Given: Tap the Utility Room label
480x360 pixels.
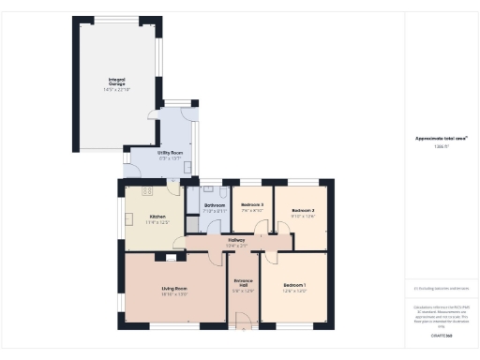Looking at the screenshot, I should [x=157, y=151].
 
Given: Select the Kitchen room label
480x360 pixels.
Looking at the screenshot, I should [x=131, y=217].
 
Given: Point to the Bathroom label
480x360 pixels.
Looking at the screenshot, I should [x=216, y=205].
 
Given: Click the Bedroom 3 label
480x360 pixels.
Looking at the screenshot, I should [x=252, y=204].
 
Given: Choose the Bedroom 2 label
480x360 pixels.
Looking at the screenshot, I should [x=301, y=210].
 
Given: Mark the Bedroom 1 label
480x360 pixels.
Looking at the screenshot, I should [x=294, y=284].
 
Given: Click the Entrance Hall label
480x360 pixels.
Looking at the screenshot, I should [x=243, y=285].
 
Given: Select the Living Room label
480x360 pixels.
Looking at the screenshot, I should [x=174, y=288].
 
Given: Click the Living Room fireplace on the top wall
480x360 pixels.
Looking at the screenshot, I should [x=170, y=255].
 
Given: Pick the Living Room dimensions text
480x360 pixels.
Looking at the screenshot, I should [x=174, y=294].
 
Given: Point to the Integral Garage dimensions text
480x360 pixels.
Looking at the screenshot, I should [x=116, y=90].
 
